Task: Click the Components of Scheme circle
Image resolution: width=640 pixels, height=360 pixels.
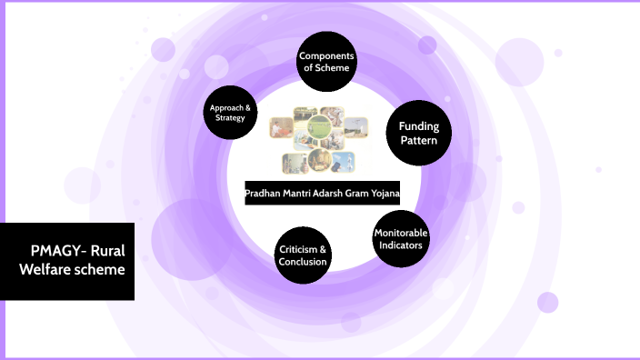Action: pos(326,62)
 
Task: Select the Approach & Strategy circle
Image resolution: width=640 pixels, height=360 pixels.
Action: pos(230,113)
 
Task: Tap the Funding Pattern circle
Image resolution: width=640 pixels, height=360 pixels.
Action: pos(418,134)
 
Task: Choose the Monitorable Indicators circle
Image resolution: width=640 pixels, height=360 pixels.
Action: pos(401,238)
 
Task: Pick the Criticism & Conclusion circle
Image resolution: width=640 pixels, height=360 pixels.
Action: pos(303,255)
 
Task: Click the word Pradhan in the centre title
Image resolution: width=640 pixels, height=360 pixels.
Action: pos(265,194)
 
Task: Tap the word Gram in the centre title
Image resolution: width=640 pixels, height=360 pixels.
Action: pos(352,194)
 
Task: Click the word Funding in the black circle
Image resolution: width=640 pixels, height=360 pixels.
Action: pos(418,126)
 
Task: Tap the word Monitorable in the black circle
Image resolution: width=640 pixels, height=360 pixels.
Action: pos(401,232)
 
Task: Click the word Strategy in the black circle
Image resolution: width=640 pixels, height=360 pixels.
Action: pos(230,118)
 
